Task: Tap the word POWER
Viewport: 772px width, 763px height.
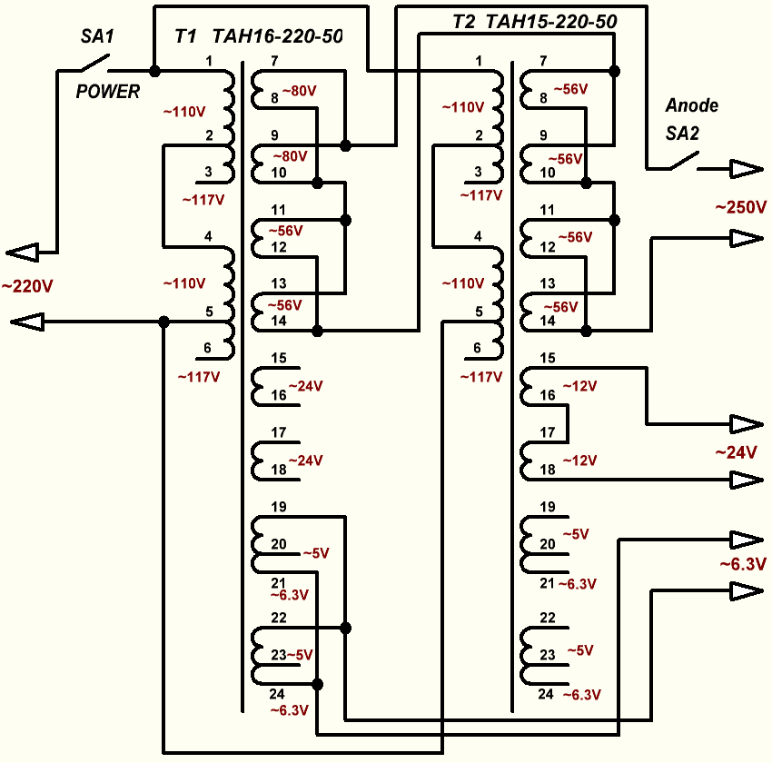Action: [108, 91]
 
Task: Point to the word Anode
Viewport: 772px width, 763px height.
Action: [691, 105]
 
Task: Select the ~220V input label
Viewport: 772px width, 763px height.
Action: [27, 286]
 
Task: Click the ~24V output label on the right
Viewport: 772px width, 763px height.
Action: [736, 451]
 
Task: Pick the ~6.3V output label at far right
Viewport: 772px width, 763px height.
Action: [743, 564]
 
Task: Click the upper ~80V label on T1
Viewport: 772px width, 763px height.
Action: [301, 91]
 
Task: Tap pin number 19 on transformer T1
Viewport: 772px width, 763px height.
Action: [279, 506]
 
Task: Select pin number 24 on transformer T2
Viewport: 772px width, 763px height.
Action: [546, 694]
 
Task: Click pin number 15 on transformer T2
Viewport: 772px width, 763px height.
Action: [547, 358]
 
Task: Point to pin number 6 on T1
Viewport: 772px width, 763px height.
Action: [208, 347]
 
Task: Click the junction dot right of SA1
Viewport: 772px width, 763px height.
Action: [153, 71]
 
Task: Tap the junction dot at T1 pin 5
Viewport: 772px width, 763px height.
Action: [163, 322]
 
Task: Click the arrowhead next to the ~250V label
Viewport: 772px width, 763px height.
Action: [747, 238]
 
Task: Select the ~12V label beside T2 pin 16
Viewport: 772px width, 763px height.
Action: [580, 387]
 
